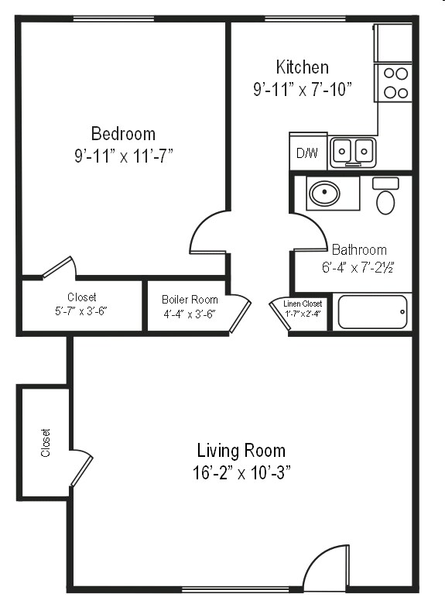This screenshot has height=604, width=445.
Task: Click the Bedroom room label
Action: (x=123, y=133)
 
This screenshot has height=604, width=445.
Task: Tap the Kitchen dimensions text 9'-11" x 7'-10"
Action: (x=303, y=90)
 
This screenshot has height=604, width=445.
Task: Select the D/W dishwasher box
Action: (x=307, y=153)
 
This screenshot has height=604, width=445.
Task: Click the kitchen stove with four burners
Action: (x=395, y=84)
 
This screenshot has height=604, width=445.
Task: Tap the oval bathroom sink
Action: (x=324, y=193)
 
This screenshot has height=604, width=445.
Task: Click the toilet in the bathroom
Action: (x=385, y=197)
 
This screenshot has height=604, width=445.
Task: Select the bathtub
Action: (x=372, y=312)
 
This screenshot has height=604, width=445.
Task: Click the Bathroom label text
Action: (x=359, y=250)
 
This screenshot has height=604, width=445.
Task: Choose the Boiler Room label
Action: (x=190, y=300)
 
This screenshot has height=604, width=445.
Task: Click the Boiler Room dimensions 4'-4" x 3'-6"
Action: (x=190, y=314)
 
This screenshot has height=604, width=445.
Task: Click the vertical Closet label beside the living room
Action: (x=46, y=443)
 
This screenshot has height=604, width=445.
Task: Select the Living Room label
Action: (x=241, y=451)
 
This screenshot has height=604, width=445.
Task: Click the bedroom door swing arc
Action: (x=207, y=231)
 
